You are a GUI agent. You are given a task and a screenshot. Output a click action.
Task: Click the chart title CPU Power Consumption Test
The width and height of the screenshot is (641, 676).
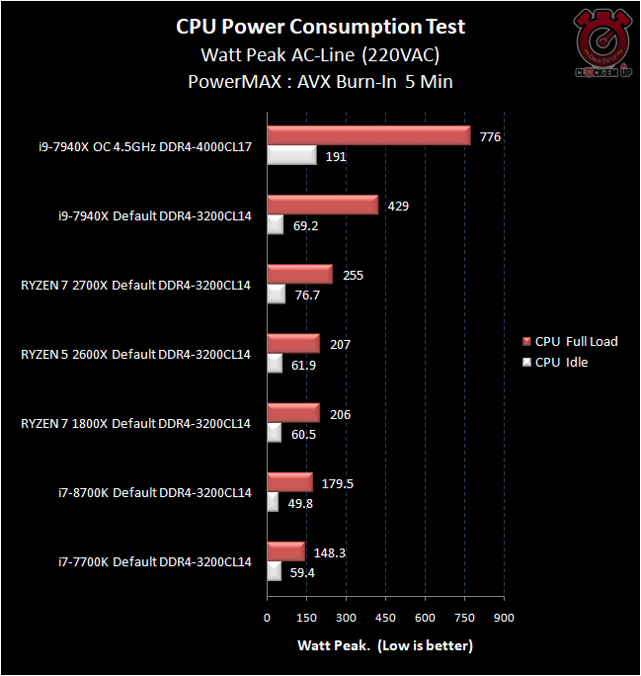320,26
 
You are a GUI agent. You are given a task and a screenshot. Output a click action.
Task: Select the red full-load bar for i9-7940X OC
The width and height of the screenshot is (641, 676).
368,135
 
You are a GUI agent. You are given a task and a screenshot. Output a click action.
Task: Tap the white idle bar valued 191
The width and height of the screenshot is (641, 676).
291,155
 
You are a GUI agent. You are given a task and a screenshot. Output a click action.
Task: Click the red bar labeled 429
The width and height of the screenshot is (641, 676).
322,205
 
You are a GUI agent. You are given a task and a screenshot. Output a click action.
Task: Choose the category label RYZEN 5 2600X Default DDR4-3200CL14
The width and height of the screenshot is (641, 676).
135,354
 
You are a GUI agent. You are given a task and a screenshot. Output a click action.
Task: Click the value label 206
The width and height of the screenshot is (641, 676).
341,415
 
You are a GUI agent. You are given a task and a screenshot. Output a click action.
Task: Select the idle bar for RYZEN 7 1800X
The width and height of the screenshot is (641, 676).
275,433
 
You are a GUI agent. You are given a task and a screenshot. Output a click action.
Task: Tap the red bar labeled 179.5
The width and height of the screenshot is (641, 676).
289,482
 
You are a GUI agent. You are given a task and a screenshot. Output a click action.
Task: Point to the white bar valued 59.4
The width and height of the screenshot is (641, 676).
275,571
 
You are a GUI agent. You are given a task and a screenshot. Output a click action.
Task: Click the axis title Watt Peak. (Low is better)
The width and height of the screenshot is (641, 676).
385,645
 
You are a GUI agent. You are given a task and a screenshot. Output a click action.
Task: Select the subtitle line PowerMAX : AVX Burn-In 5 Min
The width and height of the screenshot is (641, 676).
320,82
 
